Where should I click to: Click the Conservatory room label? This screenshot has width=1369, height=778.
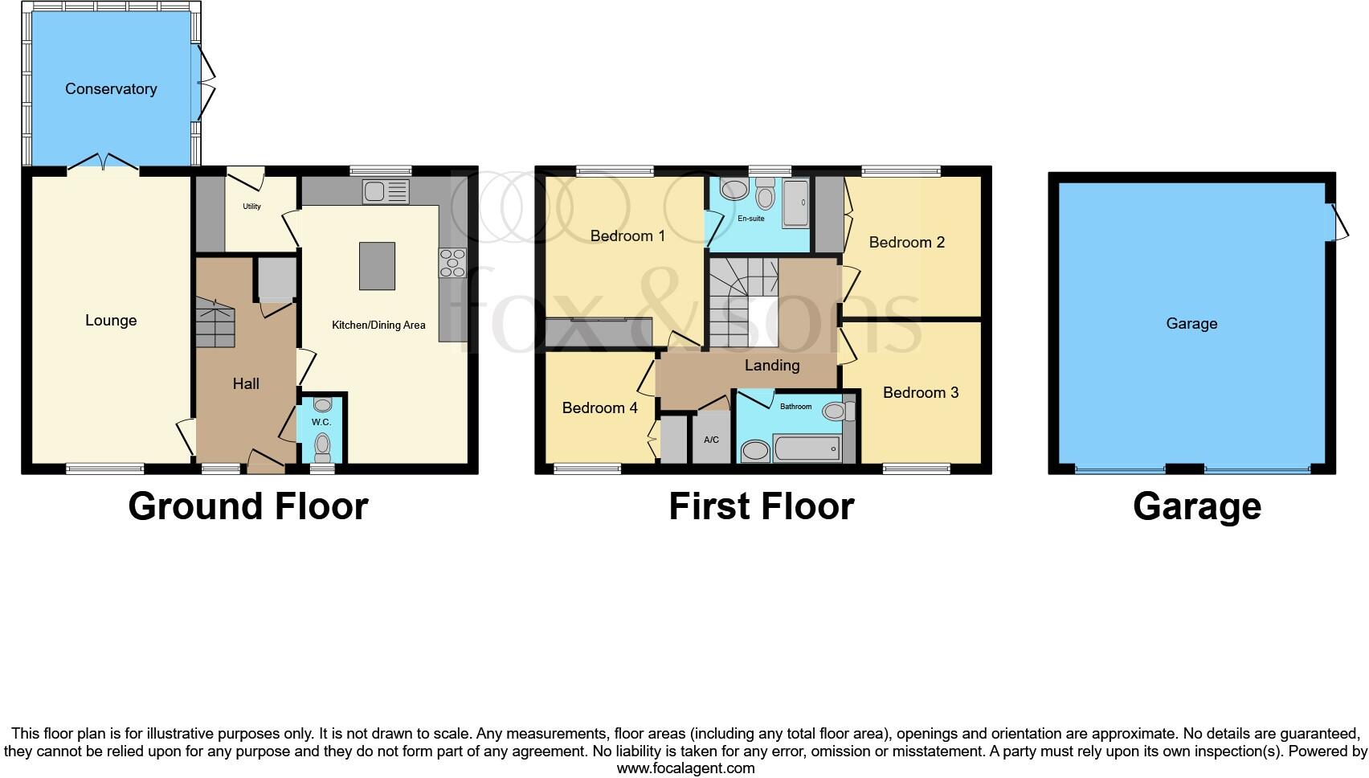click(x=111, y=89)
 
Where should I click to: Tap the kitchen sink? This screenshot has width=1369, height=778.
click(x=386, y=191)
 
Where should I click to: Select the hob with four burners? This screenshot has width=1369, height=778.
click(x=452, y=263)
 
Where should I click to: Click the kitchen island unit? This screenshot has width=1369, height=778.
click(x=377, y=265)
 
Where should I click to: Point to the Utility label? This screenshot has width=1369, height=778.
click(x=251, y=207)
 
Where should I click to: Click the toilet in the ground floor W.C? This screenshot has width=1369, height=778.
click(x=323, y=444)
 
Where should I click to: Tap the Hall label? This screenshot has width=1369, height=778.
click(x=246, y=384)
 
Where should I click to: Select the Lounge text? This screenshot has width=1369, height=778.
click(x=111, y=321)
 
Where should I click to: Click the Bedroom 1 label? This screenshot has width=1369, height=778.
click(x=627, y=236)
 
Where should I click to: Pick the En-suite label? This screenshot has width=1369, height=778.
click(x=751, y=218)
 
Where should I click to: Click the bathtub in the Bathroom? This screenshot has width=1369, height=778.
click(x=807, y=448)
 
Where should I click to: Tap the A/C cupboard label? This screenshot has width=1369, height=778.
click(x=711, y=440)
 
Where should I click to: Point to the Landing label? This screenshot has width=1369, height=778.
click(x=772, y=366)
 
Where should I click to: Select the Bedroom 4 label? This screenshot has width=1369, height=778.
click(x=599, y=408)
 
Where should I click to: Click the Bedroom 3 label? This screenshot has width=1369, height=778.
click(x=920, y=393)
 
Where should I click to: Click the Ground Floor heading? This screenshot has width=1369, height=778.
click(x=248, y=506)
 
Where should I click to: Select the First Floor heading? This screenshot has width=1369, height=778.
click(x=761, y=506)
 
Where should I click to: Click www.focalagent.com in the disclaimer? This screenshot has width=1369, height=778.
click(x=685, y=768)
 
